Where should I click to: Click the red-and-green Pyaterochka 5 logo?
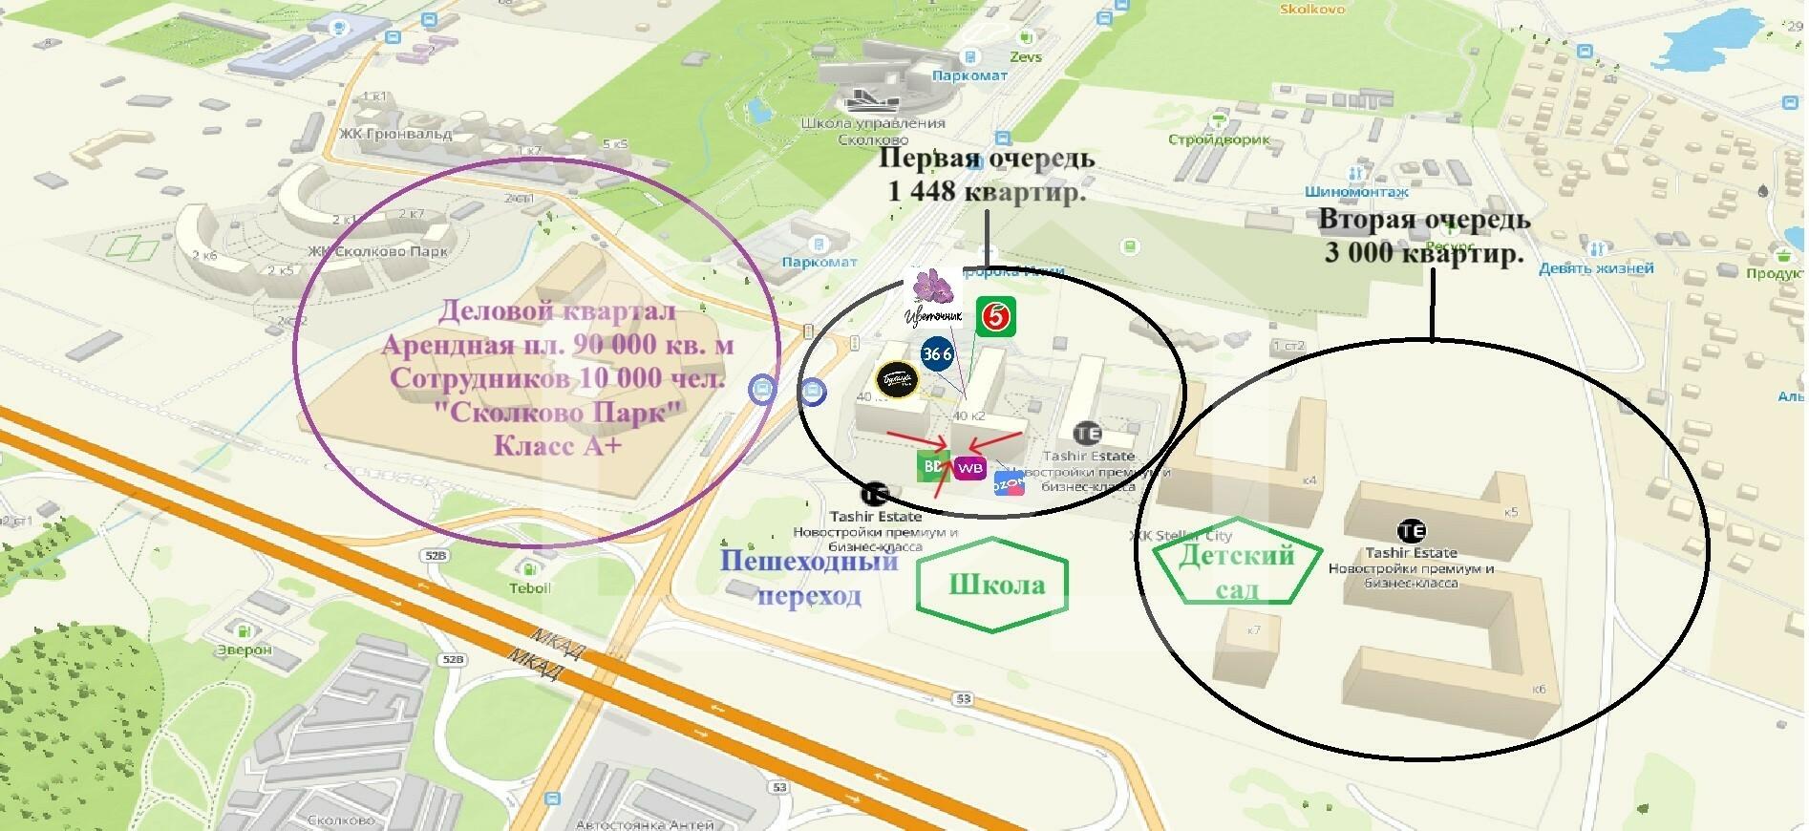coord(995,316)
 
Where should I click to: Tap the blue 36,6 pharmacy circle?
coord(937,353)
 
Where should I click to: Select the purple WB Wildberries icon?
coord(969,469)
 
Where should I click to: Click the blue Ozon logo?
coord(1009,483)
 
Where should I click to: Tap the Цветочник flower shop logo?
coord(930,296)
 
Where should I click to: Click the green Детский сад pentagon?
coord(1236,571)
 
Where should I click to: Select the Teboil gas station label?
coord(529,587)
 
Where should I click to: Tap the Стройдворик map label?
coord(1219,139)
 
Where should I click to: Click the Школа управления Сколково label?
coord(873,131)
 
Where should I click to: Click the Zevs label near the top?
coord(1026,56)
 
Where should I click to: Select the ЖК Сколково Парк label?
coord(378,252)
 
